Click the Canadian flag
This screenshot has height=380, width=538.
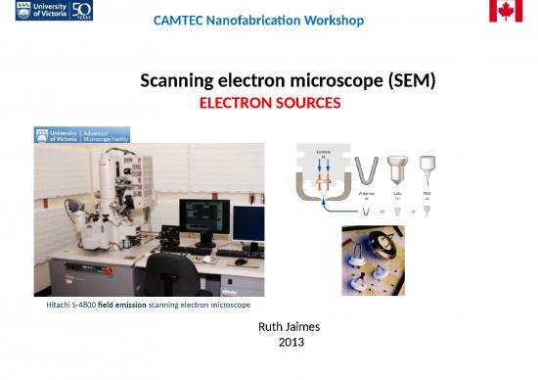[506, 11]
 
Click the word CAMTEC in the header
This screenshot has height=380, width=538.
[182, 21]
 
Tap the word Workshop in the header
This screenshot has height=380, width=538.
[332, 21]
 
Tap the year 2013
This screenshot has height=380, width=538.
[291, 343]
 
